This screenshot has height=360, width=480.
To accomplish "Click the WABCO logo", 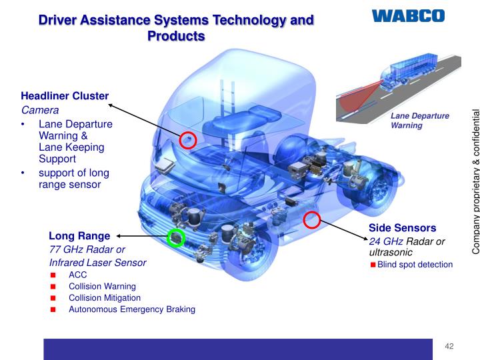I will (x=407, y=15).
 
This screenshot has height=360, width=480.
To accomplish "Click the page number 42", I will (x=449, y=345).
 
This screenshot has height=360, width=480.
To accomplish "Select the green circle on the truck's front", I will (x=175, y=237).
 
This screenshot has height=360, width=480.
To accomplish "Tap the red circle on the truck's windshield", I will (x=188, y=139).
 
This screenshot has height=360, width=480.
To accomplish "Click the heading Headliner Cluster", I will (x=65, y=96).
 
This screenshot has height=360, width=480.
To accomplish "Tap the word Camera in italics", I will (x=40, y=110).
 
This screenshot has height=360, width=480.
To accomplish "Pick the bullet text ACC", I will (x=77, y=275).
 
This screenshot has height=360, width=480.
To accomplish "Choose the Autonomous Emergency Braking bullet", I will (x=132, y=309).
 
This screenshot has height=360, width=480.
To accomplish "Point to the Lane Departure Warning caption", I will (x=419, y=120).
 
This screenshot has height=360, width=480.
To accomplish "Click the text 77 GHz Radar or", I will (x=87, y=249).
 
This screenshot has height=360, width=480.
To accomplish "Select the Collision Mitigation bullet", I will (x=105, y=297).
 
